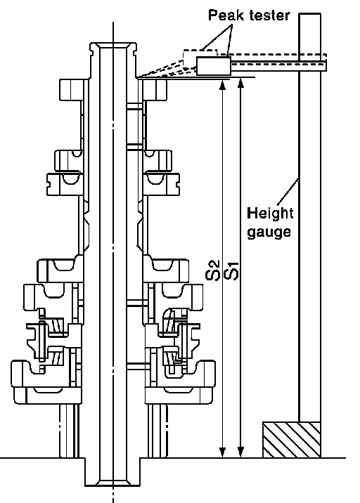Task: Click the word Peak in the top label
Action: [x=222, y=15]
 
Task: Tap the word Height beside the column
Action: [x=270, y=214]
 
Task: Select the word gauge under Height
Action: [x=269, y=232]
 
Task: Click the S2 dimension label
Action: [x=213, y=270]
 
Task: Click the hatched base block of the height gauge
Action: [x=292, y=440]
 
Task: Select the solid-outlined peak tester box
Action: [x=214, y=67]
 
